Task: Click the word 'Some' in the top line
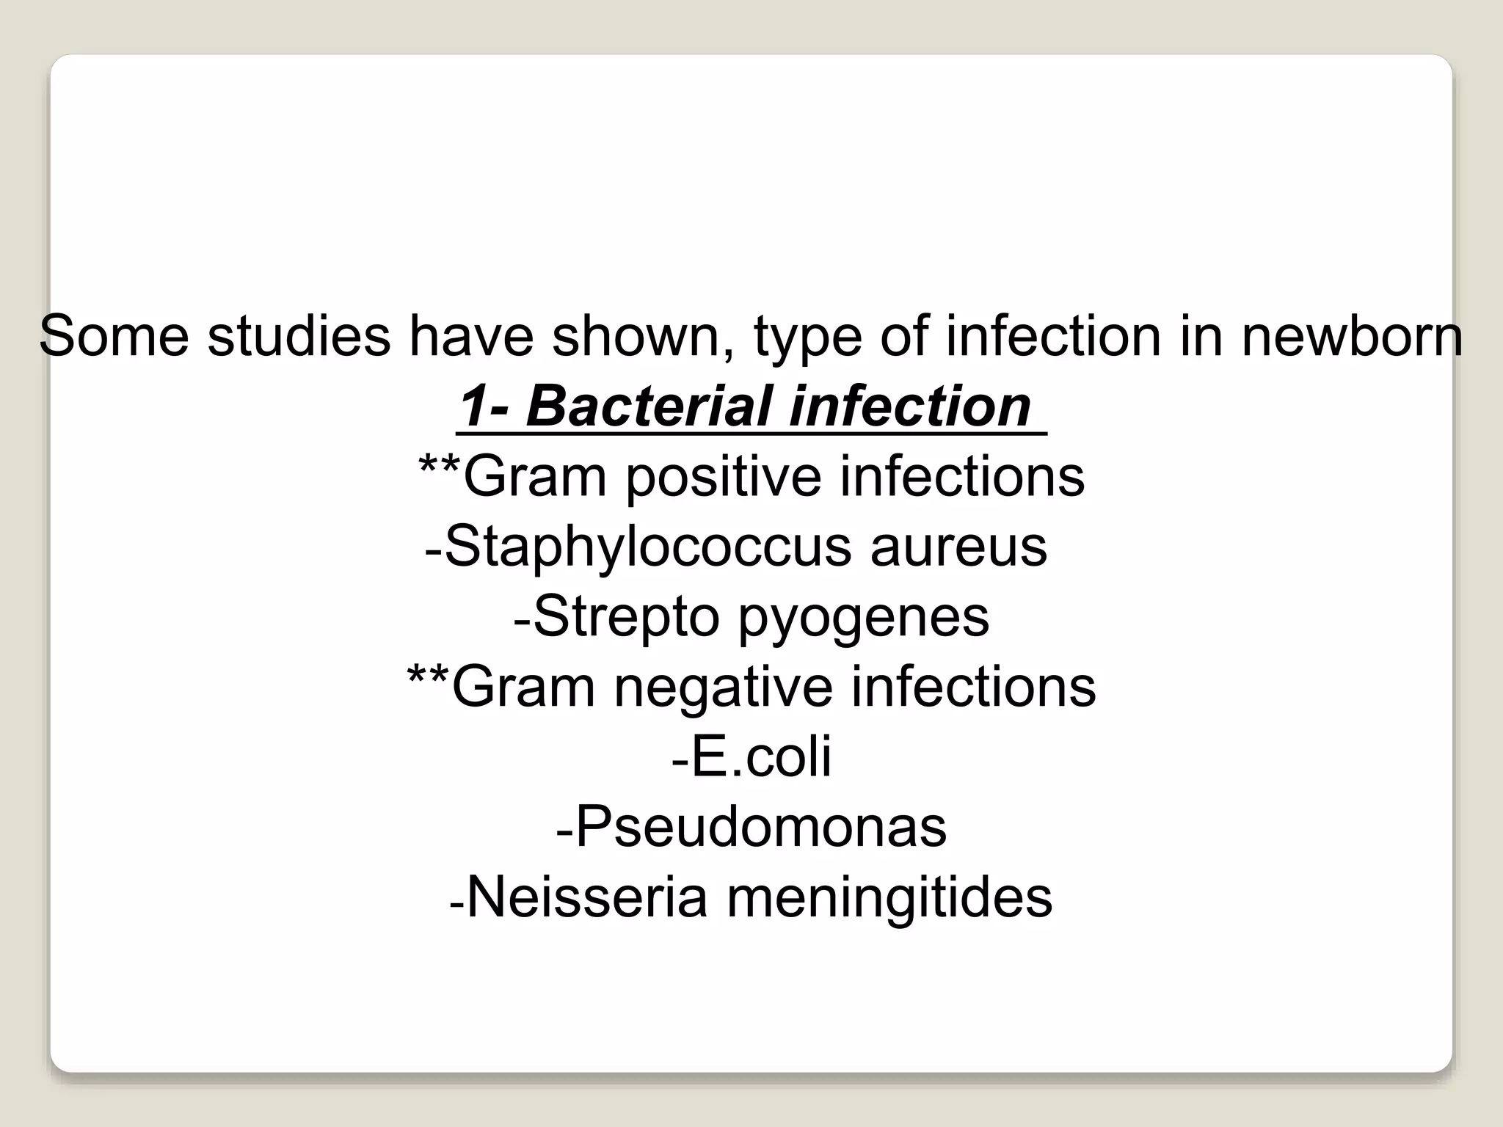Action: point(114,336)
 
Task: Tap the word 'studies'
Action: point(299,336)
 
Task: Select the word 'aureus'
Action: point(958,547)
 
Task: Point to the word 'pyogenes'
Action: point(863,617)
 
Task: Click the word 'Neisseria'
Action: point(587,897)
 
